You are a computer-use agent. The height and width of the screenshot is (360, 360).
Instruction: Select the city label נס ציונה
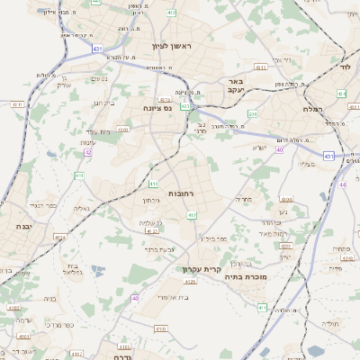click(158, 108)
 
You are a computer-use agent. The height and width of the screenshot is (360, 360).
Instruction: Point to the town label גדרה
click(122, 356)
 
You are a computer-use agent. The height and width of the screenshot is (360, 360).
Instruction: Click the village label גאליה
click(82, 208)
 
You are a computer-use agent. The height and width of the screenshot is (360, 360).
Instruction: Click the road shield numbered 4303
click(263, 67)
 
